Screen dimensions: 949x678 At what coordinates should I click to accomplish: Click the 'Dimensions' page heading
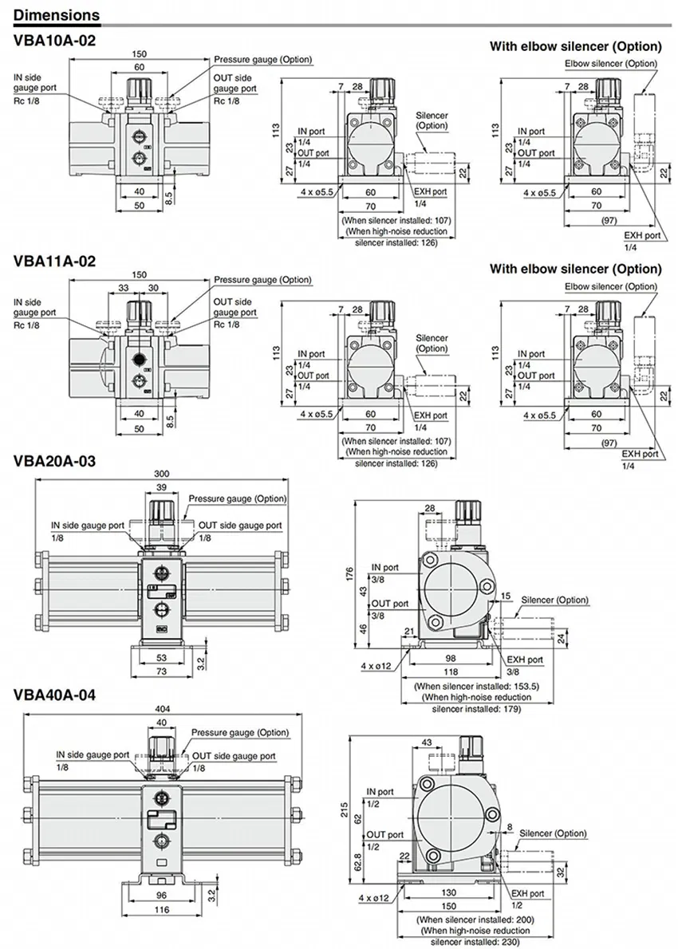coord(57,14)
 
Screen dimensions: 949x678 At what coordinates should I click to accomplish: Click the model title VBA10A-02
coord(55,40)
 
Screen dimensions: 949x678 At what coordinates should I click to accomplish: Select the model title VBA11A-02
coord(55,261)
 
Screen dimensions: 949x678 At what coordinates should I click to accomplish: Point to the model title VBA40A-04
coord(55,695)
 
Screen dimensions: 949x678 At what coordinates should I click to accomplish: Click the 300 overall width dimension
coord(162,473)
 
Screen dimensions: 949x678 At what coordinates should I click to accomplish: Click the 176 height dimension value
coord(347,576)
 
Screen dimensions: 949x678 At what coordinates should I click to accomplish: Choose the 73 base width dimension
coord(163,673)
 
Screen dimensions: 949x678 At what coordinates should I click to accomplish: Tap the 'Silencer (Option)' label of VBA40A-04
coord(554,833)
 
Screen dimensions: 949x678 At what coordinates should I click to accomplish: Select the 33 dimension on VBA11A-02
coord(124,288)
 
